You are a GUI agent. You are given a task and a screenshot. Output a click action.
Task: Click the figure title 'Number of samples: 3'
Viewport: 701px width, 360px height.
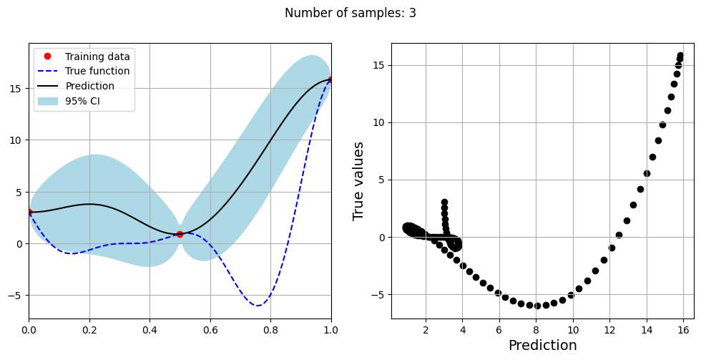click(x=350, y=13)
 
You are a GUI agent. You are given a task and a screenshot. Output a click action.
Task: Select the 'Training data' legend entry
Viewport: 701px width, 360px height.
click(x=97, y=57)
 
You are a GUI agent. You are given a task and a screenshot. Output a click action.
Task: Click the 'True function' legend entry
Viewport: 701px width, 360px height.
click(x=97, y=72)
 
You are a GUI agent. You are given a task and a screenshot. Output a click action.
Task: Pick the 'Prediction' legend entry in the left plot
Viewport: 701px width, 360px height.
click(x=89, y=86)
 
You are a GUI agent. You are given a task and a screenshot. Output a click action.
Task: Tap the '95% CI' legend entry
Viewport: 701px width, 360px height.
click(x=82, y=101)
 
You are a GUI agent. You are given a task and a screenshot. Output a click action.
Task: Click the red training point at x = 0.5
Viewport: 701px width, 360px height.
click(x=180, y=234)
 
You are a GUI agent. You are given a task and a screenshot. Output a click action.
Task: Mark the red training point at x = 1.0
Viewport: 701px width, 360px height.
click(x=331, y=79)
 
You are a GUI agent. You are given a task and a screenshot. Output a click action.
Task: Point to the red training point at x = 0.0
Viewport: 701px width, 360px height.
click(x=29, y=212)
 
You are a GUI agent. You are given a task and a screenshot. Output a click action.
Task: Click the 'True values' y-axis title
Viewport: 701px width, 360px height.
click(x=359, y=180)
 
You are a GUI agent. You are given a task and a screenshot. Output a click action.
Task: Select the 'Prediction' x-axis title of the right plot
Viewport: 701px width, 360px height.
click(x=542, y=346)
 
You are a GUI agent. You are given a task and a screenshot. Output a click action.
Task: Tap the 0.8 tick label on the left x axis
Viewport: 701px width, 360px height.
click(x=270, y=330)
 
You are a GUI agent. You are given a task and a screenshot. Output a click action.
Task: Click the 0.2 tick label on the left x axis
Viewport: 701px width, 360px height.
click(x=89, y=330)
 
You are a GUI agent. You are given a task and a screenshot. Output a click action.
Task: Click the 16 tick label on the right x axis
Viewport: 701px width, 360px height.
click(x=683, y=330)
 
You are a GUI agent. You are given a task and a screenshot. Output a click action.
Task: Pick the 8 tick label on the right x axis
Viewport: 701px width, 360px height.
click(x=536, y=330)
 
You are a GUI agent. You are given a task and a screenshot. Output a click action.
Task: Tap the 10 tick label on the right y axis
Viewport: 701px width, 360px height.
click(x=378, y=122)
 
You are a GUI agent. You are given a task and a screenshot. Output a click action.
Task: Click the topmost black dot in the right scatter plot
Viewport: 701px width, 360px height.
click(x=680, y=56)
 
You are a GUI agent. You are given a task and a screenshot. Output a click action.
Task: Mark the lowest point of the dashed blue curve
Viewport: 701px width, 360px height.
click(x=258, y=306)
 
